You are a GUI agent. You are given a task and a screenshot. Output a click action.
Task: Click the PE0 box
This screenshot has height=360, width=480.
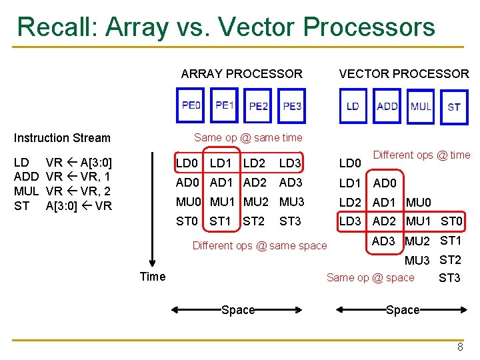[191, 105]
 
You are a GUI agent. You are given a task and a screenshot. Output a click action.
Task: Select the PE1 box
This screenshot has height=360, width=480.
[225, 105]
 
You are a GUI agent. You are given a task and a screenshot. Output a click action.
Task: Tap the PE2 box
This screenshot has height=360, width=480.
[259, 106]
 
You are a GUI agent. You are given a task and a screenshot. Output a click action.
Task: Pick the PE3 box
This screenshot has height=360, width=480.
[292, 106]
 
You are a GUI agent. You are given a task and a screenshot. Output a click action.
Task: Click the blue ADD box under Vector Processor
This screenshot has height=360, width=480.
[387, 106]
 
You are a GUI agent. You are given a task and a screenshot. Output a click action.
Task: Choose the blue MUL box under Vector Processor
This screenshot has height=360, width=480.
[421, 106]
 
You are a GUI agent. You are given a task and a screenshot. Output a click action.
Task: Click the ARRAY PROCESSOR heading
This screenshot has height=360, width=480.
[241, 74]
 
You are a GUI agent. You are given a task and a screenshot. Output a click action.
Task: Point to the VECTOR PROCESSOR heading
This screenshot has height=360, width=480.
[404, 74]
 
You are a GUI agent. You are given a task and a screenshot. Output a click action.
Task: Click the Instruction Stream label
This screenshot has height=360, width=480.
[62, 138]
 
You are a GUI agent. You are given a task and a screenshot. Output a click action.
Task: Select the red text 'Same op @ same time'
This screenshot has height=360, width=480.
[248, 138]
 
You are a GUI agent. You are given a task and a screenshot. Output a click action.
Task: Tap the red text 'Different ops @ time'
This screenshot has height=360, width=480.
[421, 155]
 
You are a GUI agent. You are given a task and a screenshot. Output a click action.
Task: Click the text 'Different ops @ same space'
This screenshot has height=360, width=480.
[259, 245]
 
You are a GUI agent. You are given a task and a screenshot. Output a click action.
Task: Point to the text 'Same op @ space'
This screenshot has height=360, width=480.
[370, 277]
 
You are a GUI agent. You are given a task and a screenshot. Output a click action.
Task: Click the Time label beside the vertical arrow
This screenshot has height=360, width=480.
[152, 276]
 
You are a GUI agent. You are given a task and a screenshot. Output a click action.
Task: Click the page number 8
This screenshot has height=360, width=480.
[460, 347]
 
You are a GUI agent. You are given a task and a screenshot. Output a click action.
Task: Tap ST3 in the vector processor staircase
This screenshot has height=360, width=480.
[449, 278]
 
